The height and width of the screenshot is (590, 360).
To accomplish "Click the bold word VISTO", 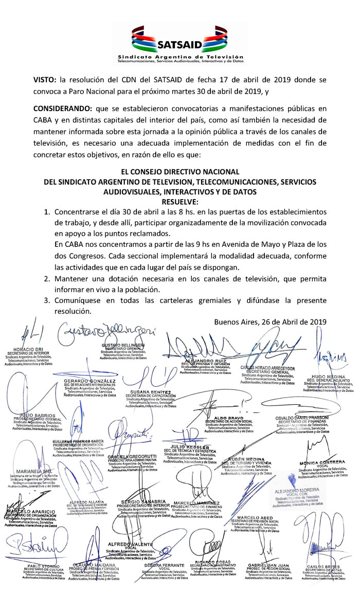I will (x=45, y=80).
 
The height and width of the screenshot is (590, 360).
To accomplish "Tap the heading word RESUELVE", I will (x=179, y=201).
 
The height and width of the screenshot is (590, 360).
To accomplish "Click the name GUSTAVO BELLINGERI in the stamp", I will (x=122, y=344).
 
